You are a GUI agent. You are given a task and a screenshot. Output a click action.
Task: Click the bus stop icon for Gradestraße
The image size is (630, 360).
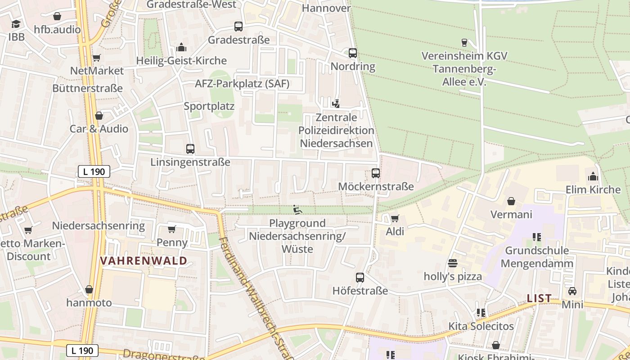click(x=238, y=27)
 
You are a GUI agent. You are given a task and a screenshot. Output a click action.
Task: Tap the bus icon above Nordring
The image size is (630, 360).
click(x=353, y=53)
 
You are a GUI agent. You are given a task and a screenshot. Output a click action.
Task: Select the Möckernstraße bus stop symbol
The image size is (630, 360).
click(x=376, y=173)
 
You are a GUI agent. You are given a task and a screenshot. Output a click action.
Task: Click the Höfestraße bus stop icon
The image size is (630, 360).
click(x=360, y=277)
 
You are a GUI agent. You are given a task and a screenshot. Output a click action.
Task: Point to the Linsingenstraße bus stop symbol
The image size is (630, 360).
click(x=190, y=148)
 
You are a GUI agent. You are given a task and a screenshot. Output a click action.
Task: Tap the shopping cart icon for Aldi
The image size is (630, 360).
click(x=395, y=218)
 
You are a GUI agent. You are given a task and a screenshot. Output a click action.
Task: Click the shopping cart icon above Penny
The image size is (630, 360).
click(x=171, y=229)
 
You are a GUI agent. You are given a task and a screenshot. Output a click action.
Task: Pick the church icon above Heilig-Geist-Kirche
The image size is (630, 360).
click(x=181, y=47)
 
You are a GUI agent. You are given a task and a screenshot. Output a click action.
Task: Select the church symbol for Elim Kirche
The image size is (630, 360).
click(x=593, y=176)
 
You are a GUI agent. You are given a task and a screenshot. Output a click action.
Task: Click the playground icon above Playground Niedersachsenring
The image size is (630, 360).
click(x=297, y=210)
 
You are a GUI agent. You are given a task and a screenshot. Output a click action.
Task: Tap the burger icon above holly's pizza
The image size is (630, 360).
click(x=453, y=263)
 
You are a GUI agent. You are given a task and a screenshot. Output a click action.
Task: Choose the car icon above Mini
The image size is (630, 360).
click(x=572, y=291)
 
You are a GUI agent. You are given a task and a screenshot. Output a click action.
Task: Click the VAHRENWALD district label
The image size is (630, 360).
click(x=144, y=261)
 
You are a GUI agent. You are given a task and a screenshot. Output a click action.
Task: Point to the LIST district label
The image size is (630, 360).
click(x=539, y=298)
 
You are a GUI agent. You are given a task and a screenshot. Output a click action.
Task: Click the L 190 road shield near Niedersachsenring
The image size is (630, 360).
click(x=94, y=171)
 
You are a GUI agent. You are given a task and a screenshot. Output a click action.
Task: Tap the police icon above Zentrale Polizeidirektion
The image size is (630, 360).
click(x=336, y=104)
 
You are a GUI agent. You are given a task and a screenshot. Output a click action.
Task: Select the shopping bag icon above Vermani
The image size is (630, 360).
click(x=511, y=201)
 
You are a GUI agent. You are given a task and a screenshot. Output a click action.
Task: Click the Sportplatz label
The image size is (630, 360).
click(x=209, y=106)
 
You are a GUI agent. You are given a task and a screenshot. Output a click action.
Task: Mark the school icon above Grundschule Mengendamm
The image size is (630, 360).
click(x=536, y=237)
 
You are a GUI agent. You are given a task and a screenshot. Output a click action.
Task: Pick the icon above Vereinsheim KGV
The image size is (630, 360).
click(x=464, y=43)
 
